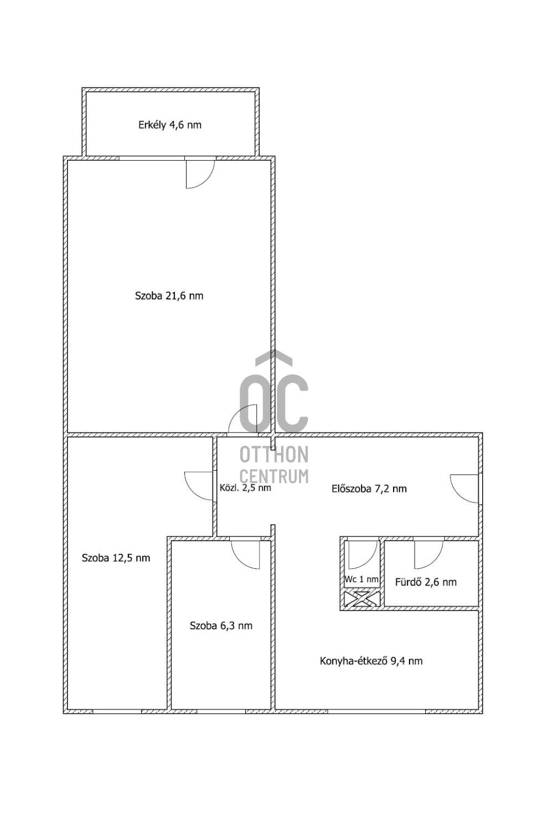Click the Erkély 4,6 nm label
click(x=170, y=125)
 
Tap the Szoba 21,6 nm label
click(x=169, y=296)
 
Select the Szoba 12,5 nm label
click(x=116, y=558)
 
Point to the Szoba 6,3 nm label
click(x=221, y=626)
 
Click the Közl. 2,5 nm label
click(x=245, y=487)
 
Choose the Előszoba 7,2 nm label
click(x=369, y=489)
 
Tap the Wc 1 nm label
click(x=361, y=579)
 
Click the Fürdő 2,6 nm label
click(x=426, y=582)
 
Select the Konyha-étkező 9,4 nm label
click(x=371, y=661)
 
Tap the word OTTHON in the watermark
click(x=274, y=454)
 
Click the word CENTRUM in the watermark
click(x=274, y=476)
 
